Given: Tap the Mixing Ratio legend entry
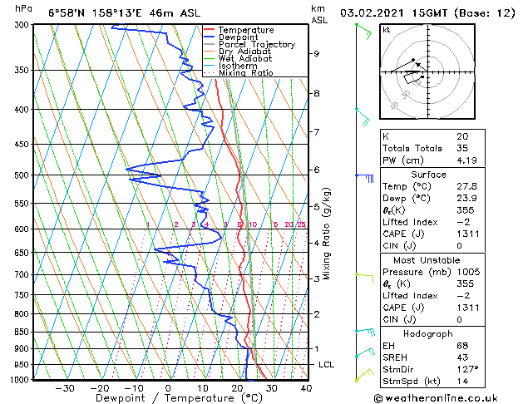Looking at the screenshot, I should (245, 72).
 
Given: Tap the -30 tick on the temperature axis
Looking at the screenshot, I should (63, 388).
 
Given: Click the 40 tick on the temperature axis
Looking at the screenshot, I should (306, 388).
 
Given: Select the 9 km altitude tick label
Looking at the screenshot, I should (317, 53).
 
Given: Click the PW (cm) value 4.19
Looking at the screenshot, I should (464, 160).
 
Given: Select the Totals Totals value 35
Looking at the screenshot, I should (462, 148).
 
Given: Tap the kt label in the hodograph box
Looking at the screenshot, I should (386, 29).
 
